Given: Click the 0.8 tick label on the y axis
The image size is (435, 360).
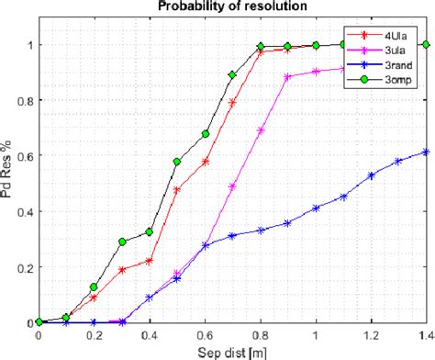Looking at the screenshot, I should tap(25, 100).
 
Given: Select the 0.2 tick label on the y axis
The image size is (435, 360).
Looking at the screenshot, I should tap(25, 267).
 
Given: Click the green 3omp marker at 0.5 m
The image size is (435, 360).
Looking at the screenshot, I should tap(177, 162).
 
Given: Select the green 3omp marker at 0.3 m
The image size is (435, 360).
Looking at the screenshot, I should tap(122, 242).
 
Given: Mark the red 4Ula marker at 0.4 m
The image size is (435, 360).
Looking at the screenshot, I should tap(150, 261).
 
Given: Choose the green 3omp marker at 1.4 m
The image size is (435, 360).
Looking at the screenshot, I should tap(426, 44).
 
